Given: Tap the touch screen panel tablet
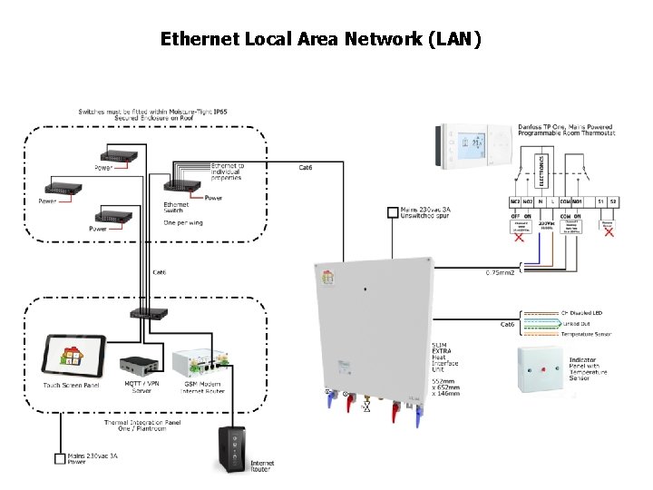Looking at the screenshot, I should coord(73,354).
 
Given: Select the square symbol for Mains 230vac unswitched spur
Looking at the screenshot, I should coord(392,212).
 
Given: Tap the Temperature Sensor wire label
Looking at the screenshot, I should coord(587,334).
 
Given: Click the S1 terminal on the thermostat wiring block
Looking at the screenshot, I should coord(599,201).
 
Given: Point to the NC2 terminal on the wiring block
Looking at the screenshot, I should coord(515,201).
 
